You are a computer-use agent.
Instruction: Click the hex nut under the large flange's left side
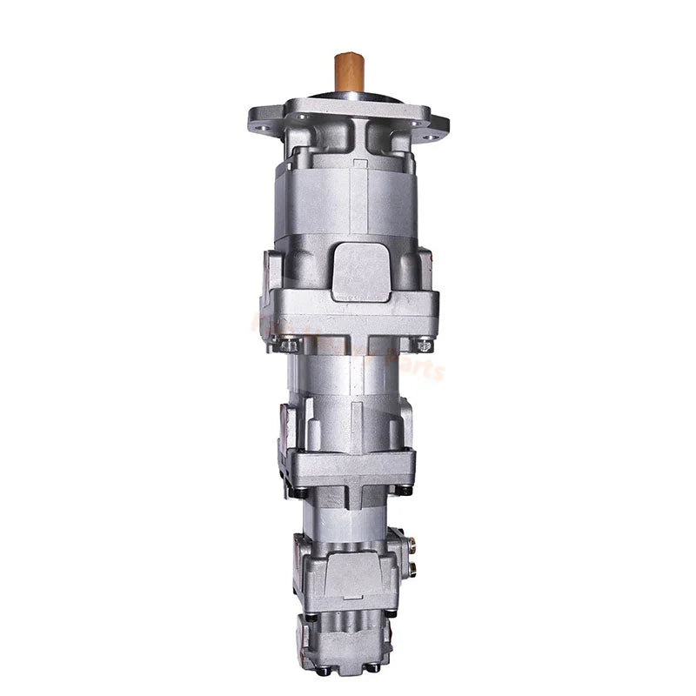(291, 345)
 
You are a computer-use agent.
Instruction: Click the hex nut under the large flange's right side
(424, 345)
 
